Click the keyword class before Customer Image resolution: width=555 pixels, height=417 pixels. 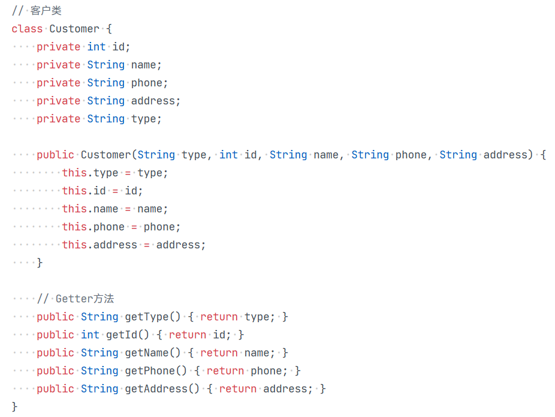[27, 29]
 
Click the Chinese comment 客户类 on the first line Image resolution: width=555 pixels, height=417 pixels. [46, 11]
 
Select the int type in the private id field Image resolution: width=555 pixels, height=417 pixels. [96, 47]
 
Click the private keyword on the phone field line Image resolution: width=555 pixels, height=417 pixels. [58, 83]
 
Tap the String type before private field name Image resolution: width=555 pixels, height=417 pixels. [105, 65]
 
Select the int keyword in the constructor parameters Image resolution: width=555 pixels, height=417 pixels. [228, 155]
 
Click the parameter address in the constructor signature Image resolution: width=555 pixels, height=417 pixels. [506, 155]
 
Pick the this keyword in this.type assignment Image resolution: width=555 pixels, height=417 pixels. [74, 173]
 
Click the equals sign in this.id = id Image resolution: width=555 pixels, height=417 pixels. [115, 191]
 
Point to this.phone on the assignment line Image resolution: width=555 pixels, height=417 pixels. [93, 227]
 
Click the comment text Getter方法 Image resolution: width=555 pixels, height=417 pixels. [85, 299]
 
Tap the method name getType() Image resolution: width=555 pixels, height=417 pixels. [149, 317]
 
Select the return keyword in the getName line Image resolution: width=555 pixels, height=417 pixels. [219, 353]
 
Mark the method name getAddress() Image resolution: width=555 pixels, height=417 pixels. [162, 389]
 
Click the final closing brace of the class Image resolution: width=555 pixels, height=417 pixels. [15, 407]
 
